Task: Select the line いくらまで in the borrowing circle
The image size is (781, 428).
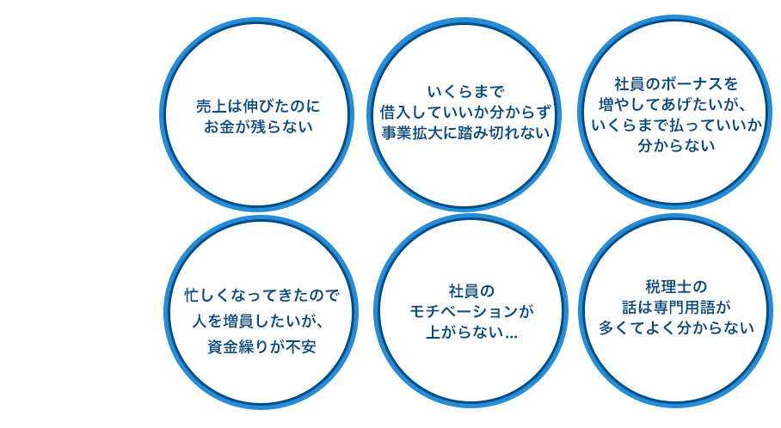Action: click(x=464, y=91)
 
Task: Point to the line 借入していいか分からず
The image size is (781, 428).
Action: click(x=464, y=112)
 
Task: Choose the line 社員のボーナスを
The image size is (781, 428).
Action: click(x=676, y=84)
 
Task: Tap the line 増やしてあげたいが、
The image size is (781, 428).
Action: click(x=676, y=105)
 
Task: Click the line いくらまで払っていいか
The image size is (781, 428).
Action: click(x=676, y=125)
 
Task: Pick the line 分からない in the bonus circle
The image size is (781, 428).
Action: click(x=676, y=146)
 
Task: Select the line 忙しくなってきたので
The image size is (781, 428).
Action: click(x=262, y=295)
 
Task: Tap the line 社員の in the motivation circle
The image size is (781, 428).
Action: click(x=471, y=290)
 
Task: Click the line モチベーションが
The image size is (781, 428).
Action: click(x=471, y=310)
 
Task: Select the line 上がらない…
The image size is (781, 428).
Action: click(x=471, y=332)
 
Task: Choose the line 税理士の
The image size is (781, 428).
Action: click(x=676, y=286)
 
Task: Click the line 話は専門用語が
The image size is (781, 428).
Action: click(x=676, y=307)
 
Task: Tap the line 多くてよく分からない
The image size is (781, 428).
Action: click(x=676, y=327)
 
